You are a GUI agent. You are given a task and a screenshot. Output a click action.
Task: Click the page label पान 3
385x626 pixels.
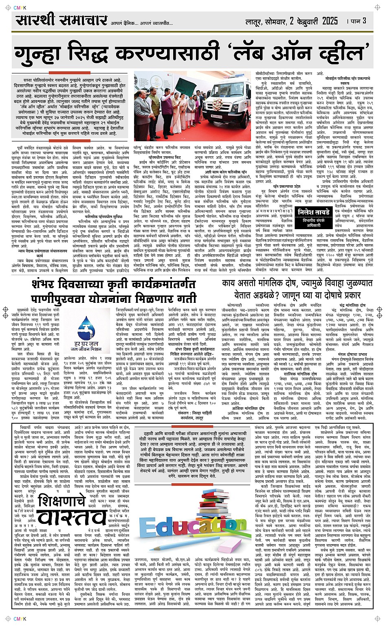point(359,21)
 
